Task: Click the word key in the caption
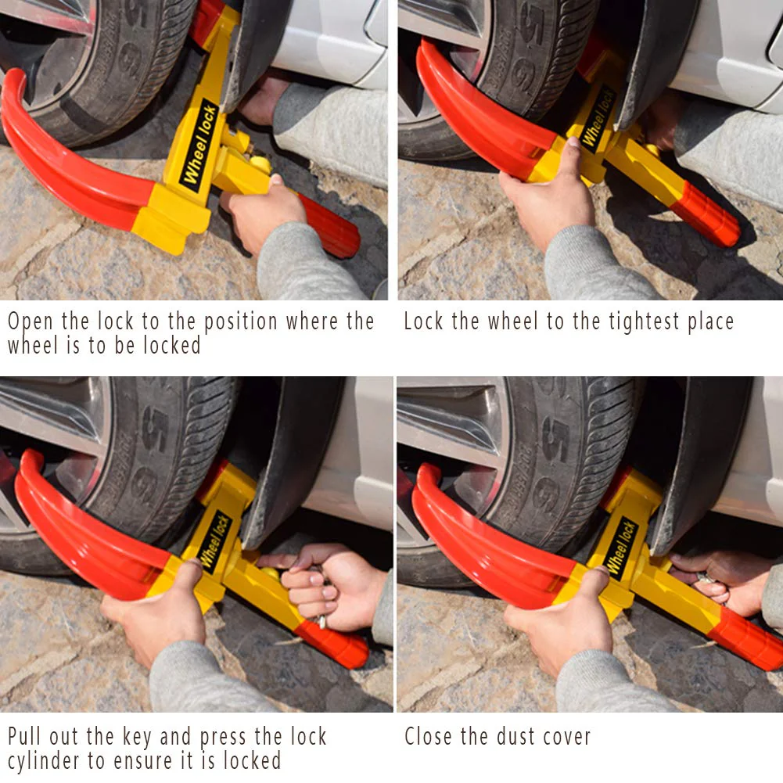[x=138, y=737]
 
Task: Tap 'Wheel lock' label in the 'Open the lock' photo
[x=199, y=145]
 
